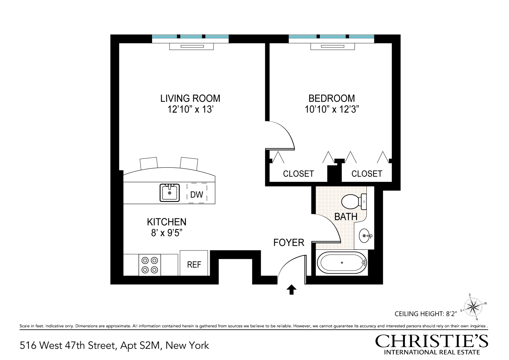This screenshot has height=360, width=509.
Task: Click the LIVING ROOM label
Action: [190, 98]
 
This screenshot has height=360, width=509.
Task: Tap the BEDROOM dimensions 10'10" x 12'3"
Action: [331, 109]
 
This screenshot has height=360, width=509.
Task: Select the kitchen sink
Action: [170, 193]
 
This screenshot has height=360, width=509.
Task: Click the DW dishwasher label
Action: [197, 195]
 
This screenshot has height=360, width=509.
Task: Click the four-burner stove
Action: [150, 265]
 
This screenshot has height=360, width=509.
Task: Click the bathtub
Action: [342, 263]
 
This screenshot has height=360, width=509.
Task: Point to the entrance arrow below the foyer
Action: [291, 289]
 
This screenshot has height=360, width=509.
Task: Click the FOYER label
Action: [289, 243]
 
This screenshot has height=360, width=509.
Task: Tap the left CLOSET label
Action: [298, 174]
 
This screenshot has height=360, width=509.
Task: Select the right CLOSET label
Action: [366, 174]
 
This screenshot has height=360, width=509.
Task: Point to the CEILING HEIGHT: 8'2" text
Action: [426, 314]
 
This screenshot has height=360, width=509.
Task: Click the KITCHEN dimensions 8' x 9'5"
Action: [166, 233]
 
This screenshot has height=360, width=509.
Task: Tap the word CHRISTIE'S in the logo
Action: [432, 341]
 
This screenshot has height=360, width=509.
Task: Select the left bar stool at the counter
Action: [149, 163]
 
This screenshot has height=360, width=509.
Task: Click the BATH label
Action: [346, 217]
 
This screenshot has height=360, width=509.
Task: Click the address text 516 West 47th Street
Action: [68, 346]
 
